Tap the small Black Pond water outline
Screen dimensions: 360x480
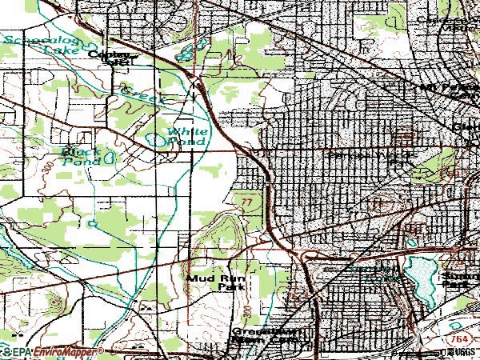point(107,159)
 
